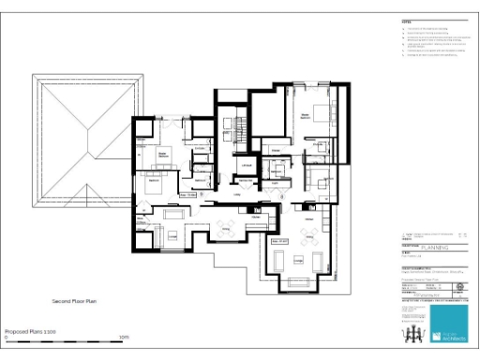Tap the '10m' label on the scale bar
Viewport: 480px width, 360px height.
(124, 337)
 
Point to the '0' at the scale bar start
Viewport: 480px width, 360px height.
(7, 337)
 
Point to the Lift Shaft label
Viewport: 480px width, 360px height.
(247, 165)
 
